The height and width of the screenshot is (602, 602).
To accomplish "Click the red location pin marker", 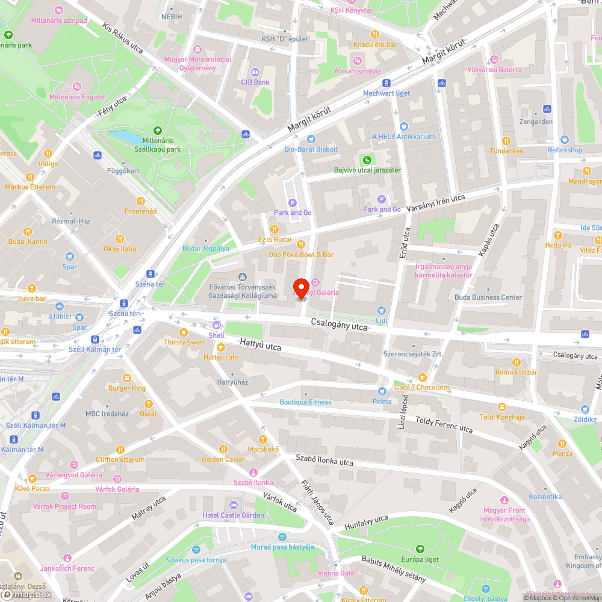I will pyautogui.click(x=300, y=287).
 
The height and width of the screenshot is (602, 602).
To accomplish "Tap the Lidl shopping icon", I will pyautogui.click(x=380, y=311).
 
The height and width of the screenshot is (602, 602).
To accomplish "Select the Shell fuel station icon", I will pyautogui.click(x=216, y=325).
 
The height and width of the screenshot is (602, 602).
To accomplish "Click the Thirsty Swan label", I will pyautogui.click(x=184, y=342).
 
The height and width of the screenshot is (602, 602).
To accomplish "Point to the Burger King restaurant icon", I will pyautogui.click(x=127, y=378).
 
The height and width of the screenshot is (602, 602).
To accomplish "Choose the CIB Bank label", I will pyautogui.click(x=255, y=82).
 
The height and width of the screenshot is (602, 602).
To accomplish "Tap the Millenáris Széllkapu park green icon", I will pyautogui.click(x=157, y=130).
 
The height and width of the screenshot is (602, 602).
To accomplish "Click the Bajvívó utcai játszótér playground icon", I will pyautogui.click(x=367, y=160).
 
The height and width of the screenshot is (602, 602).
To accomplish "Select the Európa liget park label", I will pyautogui.click(x=420, y=559).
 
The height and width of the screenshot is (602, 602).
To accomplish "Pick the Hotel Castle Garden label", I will pyautogui.click(x=234, y=515).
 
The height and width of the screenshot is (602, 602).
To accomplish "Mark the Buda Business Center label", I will pyautogui.click(x=488, y=297).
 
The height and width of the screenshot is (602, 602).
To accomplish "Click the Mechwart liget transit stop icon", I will pyautogui.click(x=386, y=82).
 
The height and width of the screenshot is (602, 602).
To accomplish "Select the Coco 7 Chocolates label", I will pyautogui.click(x=422, y=387).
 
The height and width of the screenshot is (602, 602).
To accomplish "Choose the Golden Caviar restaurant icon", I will pyautogui.click(x=223, y=448).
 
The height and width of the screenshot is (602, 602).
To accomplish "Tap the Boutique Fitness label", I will pyautogui.click(x=305, y=402).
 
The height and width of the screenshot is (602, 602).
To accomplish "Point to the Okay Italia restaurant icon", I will pyautogui.click(x=119, y=238).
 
